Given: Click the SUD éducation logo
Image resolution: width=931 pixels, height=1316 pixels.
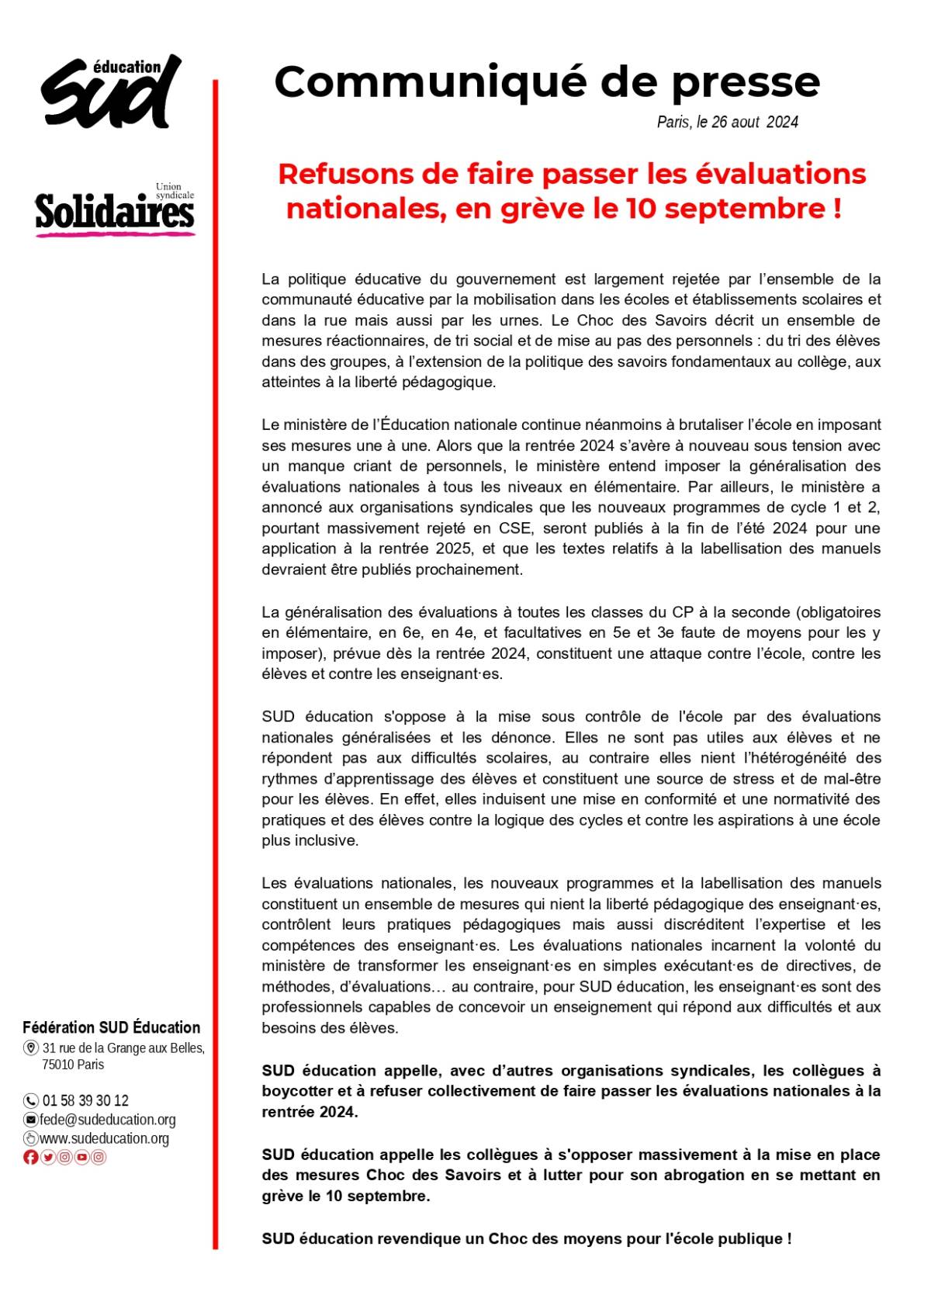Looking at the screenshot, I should coord(111,92).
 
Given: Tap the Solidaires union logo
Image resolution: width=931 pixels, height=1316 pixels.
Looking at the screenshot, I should coord(114,211).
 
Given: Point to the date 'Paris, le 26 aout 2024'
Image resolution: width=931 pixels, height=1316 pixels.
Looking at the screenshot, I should coord(727,122).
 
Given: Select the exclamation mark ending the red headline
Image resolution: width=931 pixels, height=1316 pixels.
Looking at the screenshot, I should coord(837,209).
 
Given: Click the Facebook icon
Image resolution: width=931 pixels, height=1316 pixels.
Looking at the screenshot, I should coord(30,1157).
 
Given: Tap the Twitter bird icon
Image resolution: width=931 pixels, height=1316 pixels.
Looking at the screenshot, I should coord(47,1157).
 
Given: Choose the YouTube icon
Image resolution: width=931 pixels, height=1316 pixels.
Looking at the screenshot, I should coord(81,1157).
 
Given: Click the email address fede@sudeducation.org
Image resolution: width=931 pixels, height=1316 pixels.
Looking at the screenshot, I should coord(108,1120).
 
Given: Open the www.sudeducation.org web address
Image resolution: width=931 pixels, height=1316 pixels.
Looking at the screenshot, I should coord(105,1138).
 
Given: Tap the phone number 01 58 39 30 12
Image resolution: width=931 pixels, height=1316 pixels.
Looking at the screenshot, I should coord(85,1100).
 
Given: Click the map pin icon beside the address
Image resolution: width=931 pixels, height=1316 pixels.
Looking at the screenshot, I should coord(31,1048).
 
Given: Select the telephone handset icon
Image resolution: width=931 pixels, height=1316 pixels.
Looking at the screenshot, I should coord(31,1100).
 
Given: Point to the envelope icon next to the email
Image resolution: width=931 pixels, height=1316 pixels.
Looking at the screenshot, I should coord(31,1120).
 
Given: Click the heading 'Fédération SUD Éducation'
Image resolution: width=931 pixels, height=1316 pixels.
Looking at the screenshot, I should coord(112,1027).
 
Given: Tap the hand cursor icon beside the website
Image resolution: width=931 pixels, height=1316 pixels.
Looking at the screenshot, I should coord(31,1138).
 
